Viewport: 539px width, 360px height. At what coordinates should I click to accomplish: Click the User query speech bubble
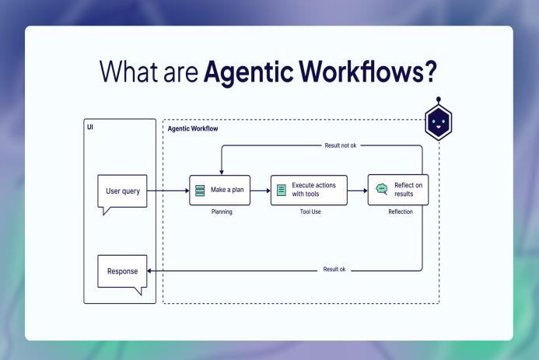coord(122,192)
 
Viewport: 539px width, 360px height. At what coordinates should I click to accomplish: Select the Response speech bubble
coord(122,272)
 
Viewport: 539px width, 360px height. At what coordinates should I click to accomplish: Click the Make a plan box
coord(222,190)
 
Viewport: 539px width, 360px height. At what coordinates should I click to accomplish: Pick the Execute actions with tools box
coord(308,190)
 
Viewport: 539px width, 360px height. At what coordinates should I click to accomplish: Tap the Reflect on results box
coord(397,190)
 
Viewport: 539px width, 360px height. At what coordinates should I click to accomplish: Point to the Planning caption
coord(222,211)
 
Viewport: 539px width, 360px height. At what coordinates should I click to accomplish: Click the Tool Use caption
coord(308,211)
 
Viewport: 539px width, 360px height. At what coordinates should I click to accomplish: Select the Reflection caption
coord(400,211)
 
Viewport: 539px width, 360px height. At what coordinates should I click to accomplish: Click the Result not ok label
coord(342,145)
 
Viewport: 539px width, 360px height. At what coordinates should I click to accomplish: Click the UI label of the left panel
coord(90,126)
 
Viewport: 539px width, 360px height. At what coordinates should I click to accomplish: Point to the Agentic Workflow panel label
coord(193,128)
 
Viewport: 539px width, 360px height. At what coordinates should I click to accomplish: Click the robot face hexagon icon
coord(439,122)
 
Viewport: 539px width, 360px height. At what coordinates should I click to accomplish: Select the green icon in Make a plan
coord(201,190)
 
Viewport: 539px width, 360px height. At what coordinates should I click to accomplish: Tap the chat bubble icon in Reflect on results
coord(381,189)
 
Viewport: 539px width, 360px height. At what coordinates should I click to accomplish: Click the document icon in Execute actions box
coord(282,190)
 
